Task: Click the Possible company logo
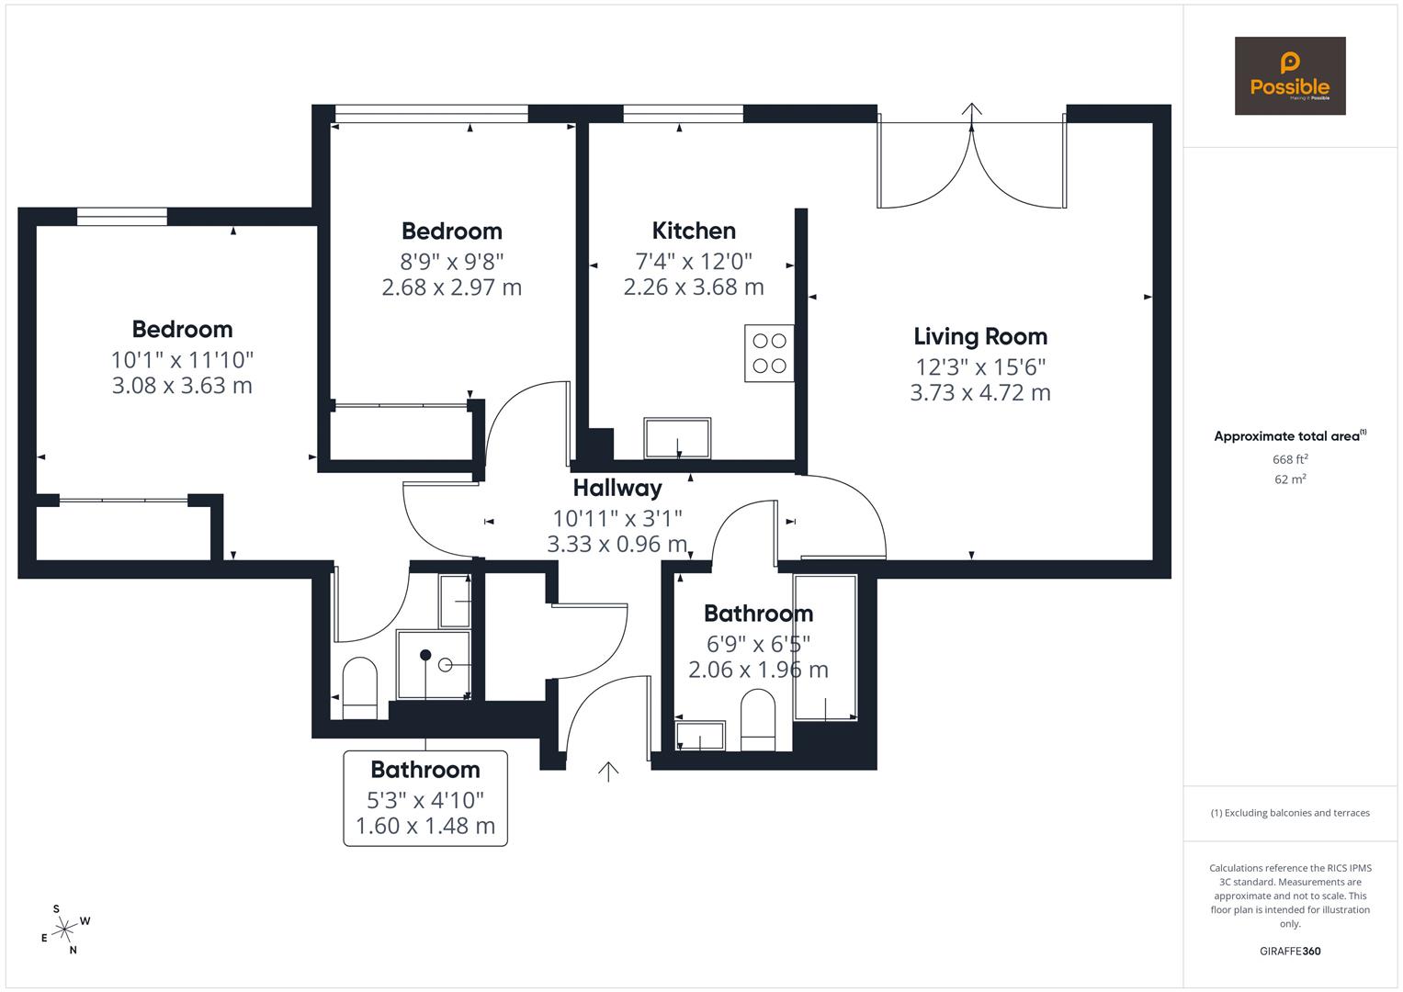[x=1289, y=76]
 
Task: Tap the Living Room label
[x=979, y=336]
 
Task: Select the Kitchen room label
[x=694, y=231]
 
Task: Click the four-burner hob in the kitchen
[x=769, y=353]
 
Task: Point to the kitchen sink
[x=678, y=438]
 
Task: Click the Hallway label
[x=617, y=488]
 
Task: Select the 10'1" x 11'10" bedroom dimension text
[x=182, y=359]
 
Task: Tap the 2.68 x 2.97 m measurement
[x=451, y=287]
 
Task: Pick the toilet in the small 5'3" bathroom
[x=359, y=686]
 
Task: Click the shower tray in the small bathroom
[x=433, y=664]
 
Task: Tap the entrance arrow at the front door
[x=607, y=772]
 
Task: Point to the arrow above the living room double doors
[x=971, y=109]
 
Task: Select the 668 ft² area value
[x=1289, y=459]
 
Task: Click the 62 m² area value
[x=1289, y=479]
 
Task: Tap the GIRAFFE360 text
[x=1289, y=951]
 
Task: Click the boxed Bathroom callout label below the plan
[x=425, y=797]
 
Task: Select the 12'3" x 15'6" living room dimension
[x=979, y=367]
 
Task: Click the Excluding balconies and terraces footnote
[x=1289, y=813]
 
